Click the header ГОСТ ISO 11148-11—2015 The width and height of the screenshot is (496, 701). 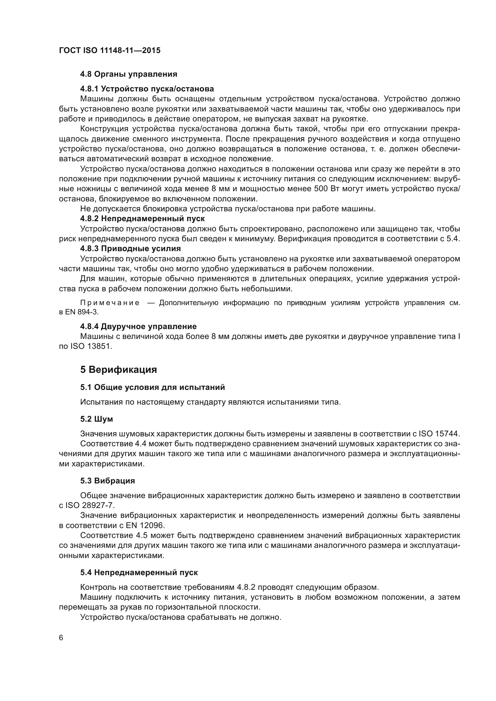[x=110, y=51]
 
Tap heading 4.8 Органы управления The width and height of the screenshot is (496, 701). [x=129, y=74]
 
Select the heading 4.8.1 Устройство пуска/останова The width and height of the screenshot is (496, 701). [x=147, y=89]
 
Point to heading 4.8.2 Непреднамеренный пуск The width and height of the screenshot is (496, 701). [x=142, y=218]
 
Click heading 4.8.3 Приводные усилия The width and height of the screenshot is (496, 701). [x=130, y=248]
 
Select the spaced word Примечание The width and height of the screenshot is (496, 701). [x=110, y=303]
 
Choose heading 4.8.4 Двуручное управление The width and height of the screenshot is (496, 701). [x=138, y=326]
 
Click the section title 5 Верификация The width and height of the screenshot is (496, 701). [x=118, y=370]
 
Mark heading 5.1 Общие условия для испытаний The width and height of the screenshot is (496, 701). [x=152, y=387]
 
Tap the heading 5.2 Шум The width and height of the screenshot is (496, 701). [x=97, y=419]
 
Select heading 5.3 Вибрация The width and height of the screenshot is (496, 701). [x=108, y=480]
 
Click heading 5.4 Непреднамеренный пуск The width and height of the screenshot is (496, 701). [x=139, y=572]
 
